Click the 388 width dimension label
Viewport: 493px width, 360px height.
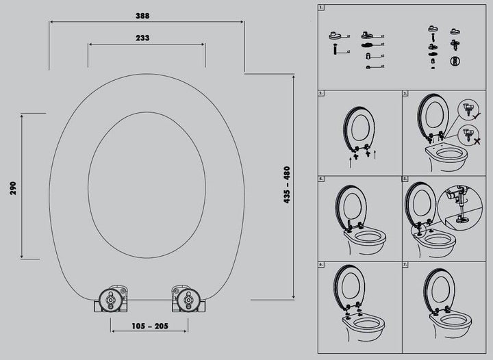pyautogui.click(x=142, y=16)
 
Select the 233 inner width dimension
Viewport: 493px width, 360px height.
pyautogui.click(x=142, y=38)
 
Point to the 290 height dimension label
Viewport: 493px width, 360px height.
pyautogui.click(x=13, y=188)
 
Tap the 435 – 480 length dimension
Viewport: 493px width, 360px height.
pyautogui.click(x=287, y=185)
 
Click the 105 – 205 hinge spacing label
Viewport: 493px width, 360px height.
pyautogui.click(x=150, y=326)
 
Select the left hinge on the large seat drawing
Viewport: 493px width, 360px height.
pyautogui.click(x=111, y=298)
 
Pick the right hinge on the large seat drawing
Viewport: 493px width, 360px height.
pyautogui.click(x=188, y=298)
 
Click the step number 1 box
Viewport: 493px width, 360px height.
pyautogui.click(x=321, y=8)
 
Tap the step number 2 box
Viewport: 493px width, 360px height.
pyautogui.click(x=321, y=93)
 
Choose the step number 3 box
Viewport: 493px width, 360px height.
pyautogui.click(x=405, y=93)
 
